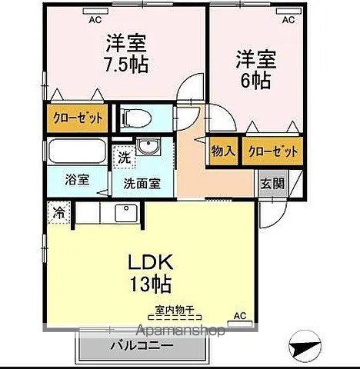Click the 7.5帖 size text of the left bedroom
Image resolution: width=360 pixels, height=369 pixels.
coord(127,61)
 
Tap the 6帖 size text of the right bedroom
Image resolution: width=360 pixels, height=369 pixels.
coord(255,79)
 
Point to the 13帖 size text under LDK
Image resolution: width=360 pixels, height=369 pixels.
coord(148,284)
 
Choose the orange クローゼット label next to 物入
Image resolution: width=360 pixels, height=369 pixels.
coord(272,151)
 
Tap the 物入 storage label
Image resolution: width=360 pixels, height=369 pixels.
coord(223,151)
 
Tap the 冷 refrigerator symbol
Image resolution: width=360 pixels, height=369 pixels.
coord(58,211)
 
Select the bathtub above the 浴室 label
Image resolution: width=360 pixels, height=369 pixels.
coord(78,152)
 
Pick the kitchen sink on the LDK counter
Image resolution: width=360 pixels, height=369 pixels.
coord(125,212)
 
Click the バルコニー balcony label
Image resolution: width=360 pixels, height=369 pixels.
coord(142,344)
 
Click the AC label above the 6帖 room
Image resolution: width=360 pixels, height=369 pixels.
coord(288,21)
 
